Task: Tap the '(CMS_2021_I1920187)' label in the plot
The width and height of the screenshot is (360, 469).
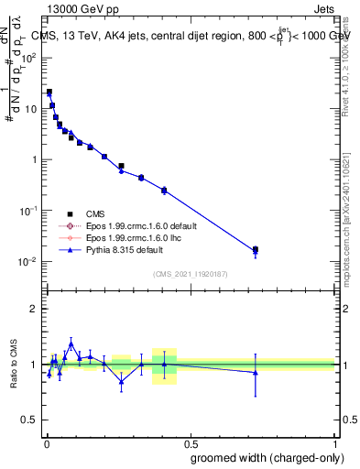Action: click(x=189, y=273)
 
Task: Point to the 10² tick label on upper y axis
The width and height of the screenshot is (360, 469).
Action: click(x=29, y=58)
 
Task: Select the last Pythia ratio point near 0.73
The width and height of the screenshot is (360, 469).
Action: click(x=256, y=372)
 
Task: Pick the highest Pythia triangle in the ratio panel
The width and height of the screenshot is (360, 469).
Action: click(x=71, y=344)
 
